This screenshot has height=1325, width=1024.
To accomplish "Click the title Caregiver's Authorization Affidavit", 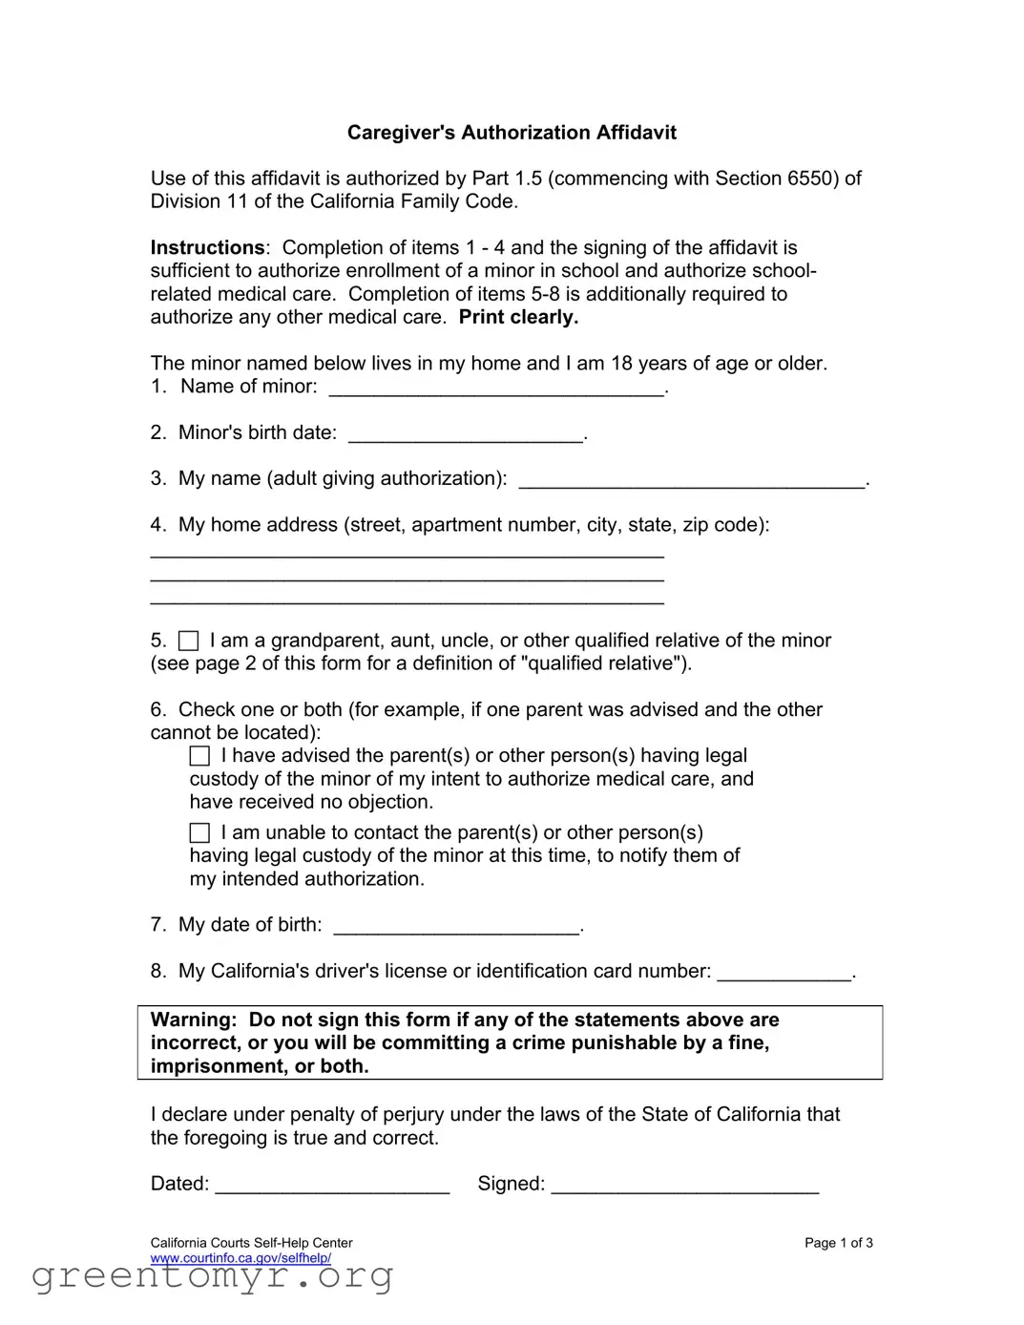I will click(x=512, y=133).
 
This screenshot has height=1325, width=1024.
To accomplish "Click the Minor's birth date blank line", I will click(x=466, y=436).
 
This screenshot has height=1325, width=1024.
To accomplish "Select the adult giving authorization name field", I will click(x=692, y=482).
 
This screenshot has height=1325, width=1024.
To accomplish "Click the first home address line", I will click(x=408, y=554).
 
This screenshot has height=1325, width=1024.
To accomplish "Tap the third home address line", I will click(x=408, y=600).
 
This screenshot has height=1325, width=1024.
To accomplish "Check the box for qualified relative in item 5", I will click(x=189, y=641).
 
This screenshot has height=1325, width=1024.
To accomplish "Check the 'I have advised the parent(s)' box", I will click(x=199, y=756).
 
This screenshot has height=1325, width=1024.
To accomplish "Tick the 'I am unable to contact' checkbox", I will click(x=199, y=833).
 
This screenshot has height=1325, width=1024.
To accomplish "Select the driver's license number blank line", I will click(x=784, y=975).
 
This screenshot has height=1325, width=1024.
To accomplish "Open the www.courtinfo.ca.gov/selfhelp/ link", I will click(x=240, y=1258).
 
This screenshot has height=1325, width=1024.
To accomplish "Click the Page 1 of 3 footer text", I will click(x=838, y=1243).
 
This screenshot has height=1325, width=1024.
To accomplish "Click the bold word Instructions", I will click(x=207, y=248).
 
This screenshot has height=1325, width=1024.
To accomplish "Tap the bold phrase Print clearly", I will click(x=518, y=318).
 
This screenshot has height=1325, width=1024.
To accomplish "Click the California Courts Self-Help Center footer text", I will click(x=251, y=1243).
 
